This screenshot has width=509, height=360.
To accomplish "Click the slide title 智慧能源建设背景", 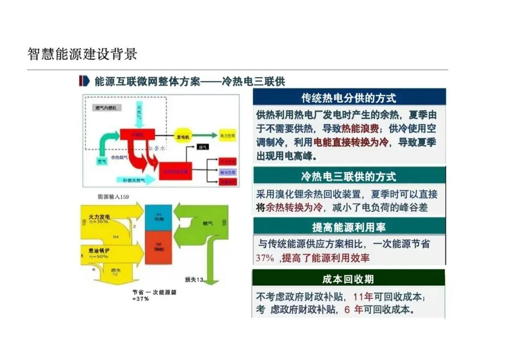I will pos(82,54).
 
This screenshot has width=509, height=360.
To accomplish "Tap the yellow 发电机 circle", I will pos(183,136).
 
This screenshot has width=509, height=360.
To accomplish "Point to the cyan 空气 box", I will pos(102,162).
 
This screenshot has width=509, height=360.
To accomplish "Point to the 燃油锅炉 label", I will pos(99,250).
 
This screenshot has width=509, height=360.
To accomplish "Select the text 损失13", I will pos(194,280).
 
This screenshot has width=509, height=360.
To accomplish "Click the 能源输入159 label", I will pos(113,196).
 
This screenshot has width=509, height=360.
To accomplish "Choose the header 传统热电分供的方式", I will pos(349,98).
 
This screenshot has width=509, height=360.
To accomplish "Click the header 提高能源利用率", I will pos(349,227).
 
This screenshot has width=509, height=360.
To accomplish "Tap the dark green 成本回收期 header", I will pos(348,279).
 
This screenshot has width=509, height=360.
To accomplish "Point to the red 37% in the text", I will pos(265,258).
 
